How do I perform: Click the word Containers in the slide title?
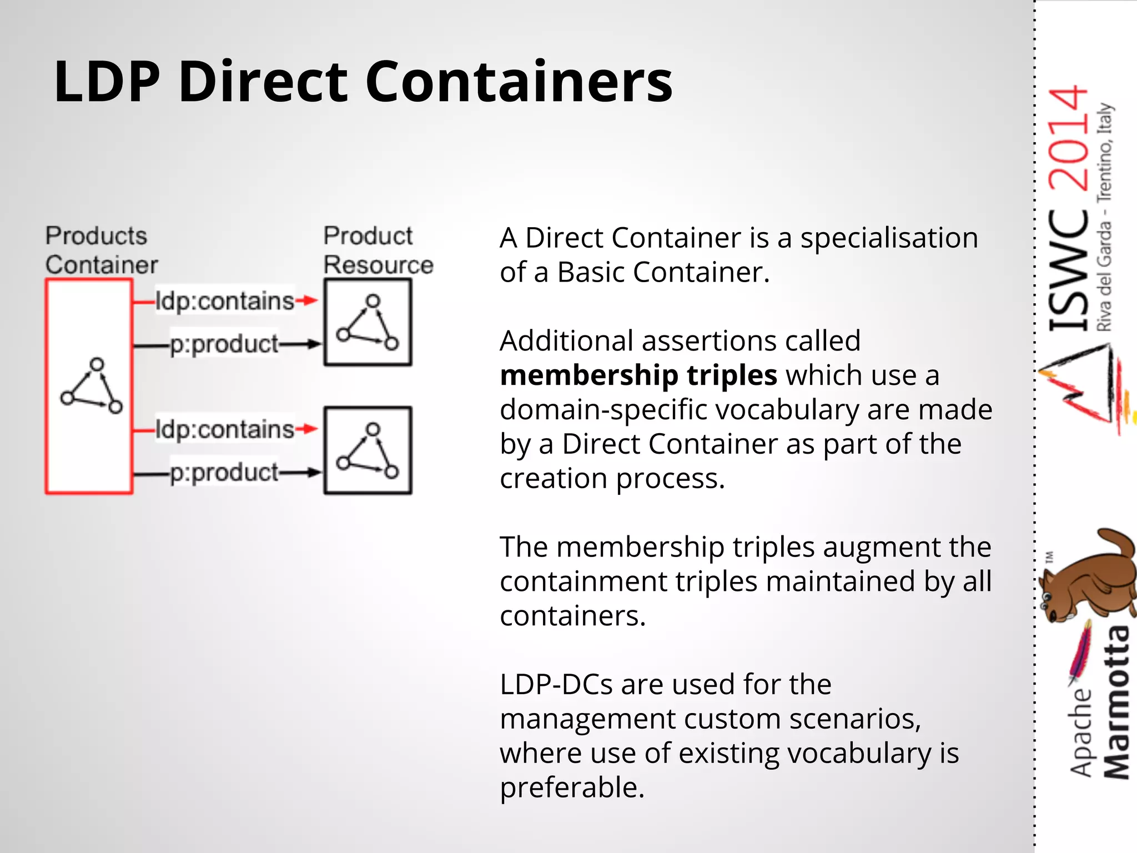pyautogui.click(x=519, y=82)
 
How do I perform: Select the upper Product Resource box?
pyautogui.click(x=368, y=323)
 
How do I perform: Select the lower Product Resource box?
pyautogui.click(x=368, y=450)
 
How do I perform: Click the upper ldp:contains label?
pyautogui.click(x=224, y=301)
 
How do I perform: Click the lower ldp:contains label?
pyautogui.click(x=224, y=429)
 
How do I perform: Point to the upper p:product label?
pyautogui.click(x=224, y=344)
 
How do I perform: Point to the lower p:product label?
pyautogui.click(x=224, y=473)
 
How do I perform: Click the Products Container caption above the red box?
pyautogui.click(x=101, y=250)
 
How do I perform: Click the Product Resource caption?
pyautogui.click(x=378, y=250)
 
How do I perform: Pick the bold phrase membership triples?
pyautogui.click(x=638, y=375)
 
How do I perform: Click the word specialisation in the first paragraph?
pyautogui.click(x=889, y=238)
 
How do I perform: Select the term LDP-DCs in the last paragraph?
pyautogui.click(x=556, y=684)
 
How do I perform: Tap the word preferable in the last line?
pyautogui.click(x=572, y=787)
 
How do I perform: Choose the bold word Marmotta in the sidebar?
pyautogui.click(x=1116, y=703)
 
